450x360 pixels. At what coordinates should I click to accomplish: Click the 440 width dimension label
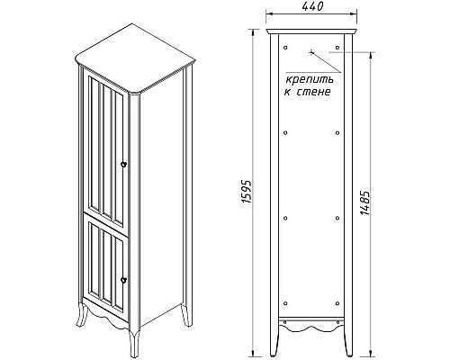(x=312, y=6)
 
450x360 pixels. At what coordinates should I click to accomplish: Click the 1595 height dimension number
(x=247, y=192)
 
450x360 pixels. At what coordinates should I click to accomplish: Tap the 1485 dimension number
(x=365, y=202)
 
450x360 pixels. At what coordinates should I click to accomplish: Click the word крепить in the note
(x=310, y=80)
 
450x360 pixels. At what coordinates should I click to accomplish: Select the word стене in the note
(x=313, y=92)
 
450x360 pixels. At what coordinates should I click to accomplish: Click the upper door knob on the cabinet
(x=123, y=164)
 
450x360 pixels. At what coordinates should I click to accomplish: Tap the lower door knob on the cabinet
(x=123, y=280)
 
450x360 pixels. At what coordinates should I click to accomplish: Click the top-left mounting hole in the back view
(x=285, y=48)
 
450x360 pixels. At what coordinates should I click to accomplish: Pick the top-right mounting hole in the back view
(x=337, y=48)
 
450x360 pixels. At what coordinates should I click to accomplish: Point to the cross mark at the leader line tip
(x=311, y=52)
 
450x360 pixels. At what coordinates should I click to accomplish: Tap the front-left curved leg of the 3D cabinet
(x=82, y=314)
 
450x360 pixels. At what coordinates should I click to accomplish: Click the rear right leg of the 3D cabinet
(x=186, y=315)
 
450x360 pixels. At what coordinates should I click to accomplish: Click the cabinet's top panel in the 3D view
(x=135, y=58)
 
